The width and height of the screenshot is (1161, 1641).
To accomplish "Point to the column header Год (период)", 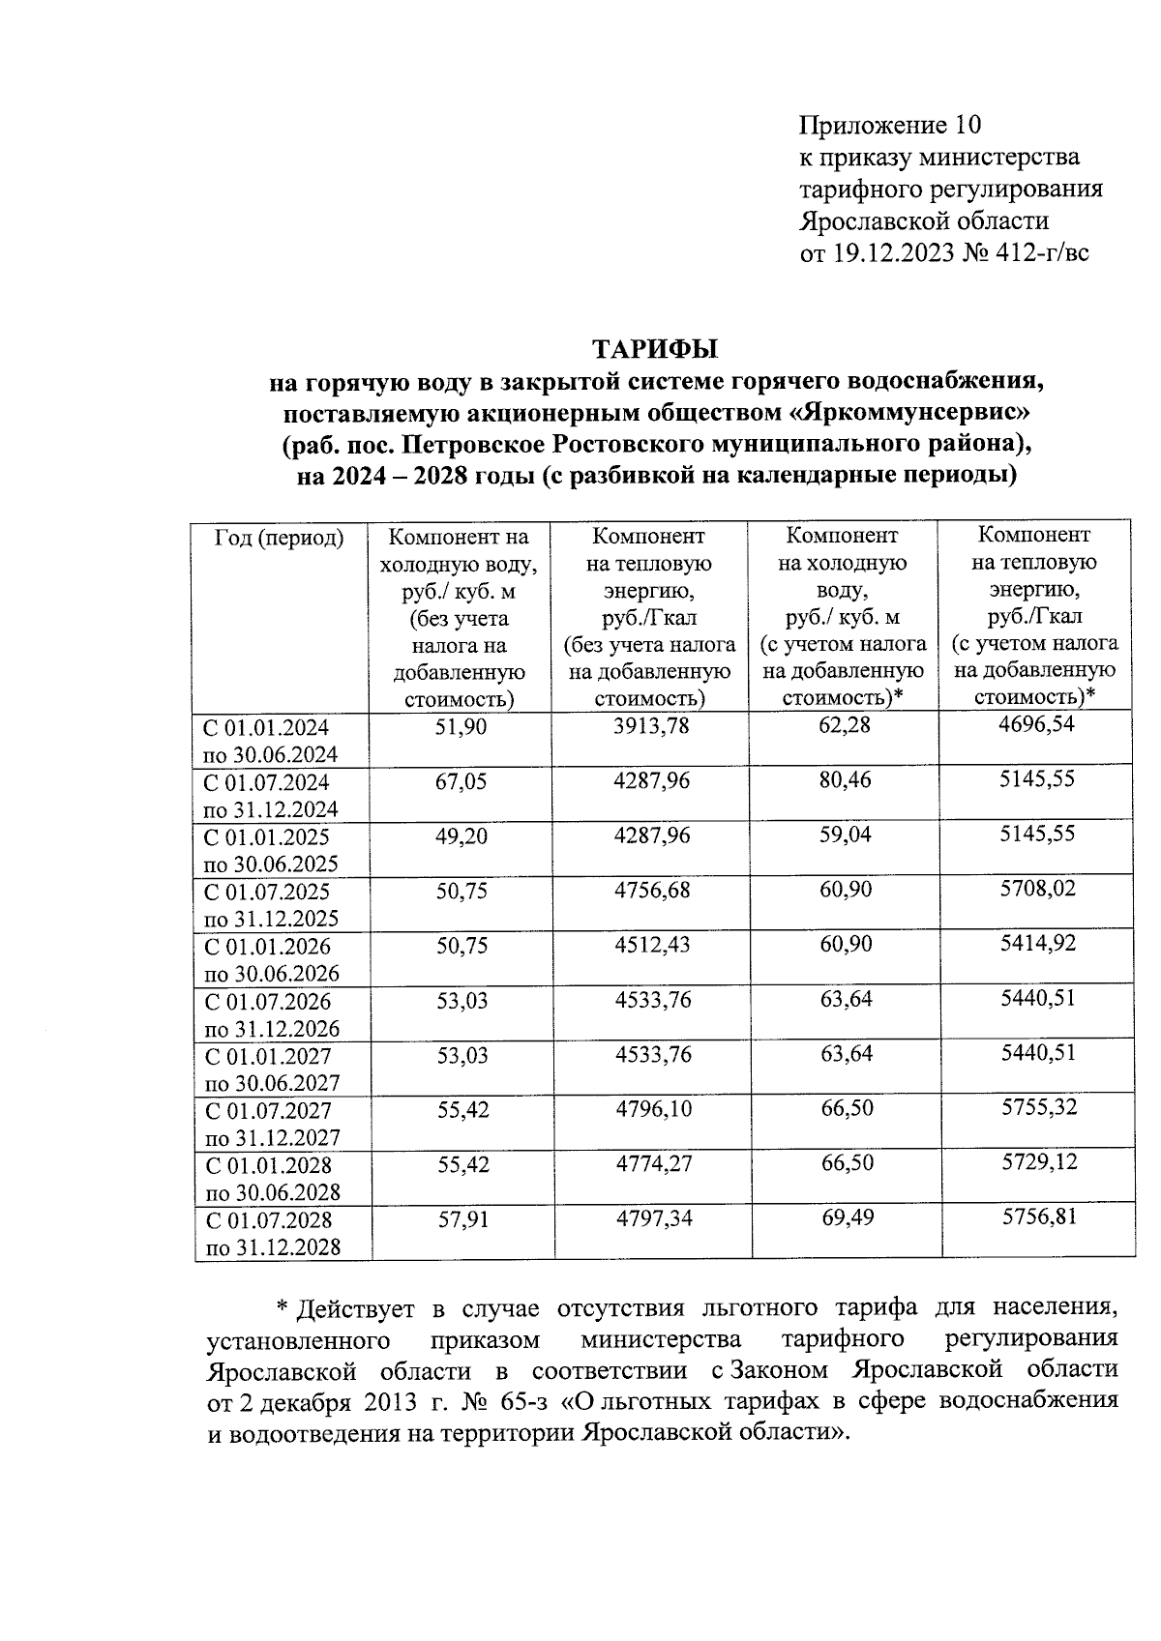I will pyautogui.click(x=279, y=538).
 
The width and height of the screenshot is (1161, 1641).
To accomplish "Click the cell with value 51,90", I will pyautogui.click(x=461, y=725).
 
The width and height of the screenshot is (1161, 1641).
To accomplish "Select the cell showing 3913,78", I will pyautogui.click(x=652, y=725).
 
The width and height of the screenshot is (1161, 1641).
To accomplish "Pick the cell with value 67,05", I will pyautogui.click(x=461, y=780).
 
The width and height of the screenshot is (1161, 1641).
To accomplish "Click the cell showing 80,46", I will pyautogui.click(x=845, y=779).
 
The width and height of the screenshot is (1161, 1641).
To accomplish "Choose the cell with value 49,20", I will pyautogui.click(x=461, y=835).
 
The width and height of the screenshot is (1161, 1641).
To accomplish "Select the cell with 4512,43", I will pyautogui.click(x=652, y=945).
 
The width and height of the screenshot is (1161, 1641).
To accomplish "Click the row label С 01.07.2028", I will pyautogui.click(x=267, y=1219).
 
